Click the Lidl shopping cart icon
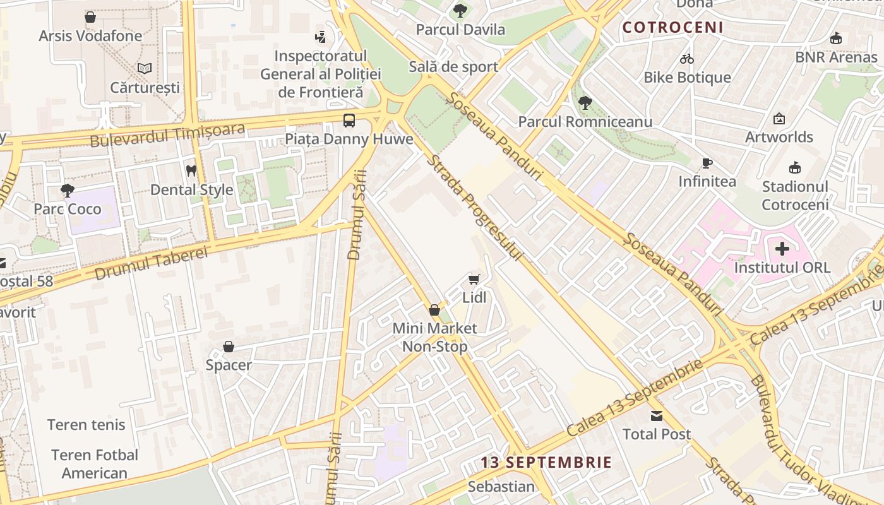(x=474, y=279)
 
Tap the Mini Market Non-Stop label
(x=435, y=337)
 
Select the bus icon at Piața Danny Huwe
(x=349, y=121)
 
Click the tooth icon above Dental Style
(x=191, y=170)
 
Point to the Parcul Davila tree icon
(x=460, y=10)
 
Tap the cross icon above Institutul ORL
(x=782, y=249)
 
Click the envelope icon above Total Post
(x=657, y=416)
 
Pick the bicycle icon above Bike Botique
(x=687, y=59)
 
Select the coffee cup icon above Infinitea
(x=707, y=163)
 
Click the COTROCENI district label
(x=672, y=27)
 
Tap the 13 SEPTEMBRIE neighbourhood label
(x=546, y=462)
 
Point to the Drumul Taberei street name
(x=151, y=263)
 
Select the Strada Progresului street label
(x=475, y=208)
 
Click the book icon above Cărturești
(x=145, y=68)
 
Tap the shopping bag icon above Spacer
(x=229, y=347)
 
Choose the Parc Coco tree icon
(x=67, y=190)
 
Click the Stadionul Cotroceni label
(x=795, y=195)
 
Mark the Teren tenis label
(x=87, y=425)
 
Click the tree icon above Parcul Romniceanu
(x=585, y=102)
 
